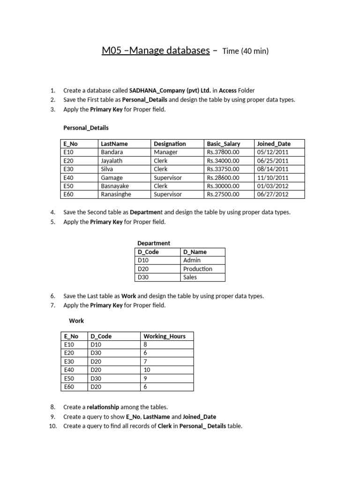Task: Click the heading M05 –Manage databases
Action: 156,51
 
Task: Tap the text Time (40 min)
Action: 245,51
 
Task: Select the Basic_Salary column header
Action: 223,144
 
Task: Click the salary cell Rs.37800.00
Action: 223,152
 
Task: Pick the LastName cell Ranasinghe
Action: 116,195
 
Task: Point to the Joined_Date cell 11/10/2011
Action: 273,178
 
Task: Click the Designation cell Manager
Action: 166,152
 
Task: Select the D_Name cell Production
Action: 198,269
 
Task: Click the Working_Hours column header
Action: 165,336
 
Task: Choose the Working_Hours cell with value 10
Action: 147,370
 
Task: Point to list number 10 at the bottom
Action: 52,426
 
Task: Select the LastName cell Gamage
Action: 112,178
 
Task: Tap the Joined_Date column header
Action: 274,144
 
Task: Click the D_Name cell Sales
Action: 190,277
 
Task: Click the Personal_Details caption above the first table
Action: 86,127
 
